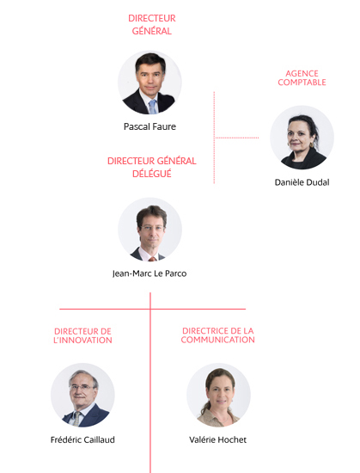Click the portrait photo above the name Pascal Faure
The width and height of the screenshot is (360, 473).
[x=149, y=83]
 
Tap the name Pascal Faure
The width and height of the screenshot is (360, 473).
[x=149, y=126]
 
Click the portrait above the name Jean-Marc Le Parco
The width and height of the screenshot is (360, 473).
[x=150, y=230]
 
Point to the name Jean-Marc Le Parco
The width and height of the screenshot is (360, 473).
[x=149, y=273]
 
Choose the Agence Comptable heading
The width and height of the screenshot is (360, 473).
[x=302, y=77]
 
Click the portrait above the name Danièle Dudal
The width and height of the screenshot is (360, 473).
[x=302, y=138]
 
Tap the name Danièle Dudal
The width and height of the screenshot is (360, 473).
[x=302, y=182]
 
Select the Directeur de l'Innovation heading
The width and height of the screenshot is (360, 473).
[x=82, y=335]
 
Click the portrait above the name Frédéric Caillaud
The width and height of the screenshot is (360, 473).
[x=82, y=395]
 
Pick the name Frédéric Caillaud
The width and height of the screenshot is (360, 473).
[x=82, y=439]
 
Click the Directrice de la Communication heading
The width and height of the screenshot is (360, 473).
[x=218, y=335]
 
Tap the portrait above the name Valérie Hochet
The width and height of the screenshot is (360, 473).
[x=218, y=395]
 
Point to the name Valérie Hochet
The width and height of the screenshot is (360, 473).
[x=218, y=439]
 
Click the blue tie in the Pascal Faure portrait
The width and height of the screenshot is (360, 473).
[x=153, y=107]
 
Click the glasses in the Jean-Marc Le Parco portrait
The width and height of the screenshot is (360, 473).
[x=152, y=228]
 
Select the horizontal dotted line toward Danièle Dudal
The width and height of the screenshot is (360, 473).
[x=237, y=138]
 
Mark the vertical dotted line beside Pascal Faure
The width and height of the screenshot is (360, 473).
[x=214, y=138]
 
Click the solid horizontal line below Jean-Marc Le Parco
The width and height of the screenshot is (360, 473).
[x=152, y=309]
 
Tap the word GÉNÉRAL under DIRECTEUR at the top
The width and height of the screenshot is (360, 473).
[x=152, y=31]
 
